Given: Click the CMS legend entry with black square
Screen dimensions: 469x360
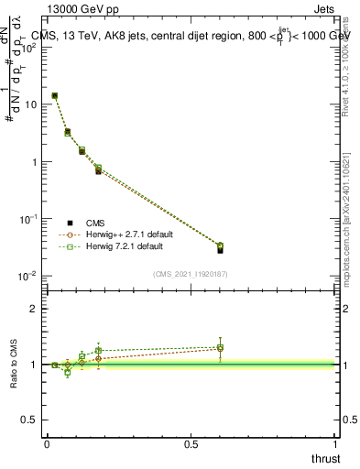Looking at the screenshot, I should tap(95, 222).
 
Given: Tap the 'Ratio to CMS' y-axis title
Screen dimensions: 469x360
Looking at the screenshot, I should tap(14, 364).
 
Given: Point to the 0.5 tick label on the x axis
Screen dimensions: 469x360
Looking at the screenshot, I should tap(191, 443).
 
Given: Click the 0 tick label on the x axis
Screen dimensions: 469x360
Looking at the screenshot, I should tap(47, 443).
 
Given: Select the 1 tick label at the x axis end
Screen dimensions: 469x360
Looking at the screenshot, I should tap(336, 443).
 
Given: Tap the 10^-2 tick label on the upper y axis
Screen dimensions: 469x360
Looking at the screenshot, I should tap(29, 277).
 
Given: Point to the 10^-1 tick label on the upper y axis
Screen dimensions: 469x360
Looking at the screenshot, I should tap(29, 219).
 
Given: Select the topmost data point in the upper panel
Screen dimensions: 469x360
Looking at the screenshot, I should tap(55, 95).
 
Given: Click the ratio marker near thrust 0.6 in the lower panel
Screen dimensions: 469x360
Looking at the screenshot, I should tap(220, 348).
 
